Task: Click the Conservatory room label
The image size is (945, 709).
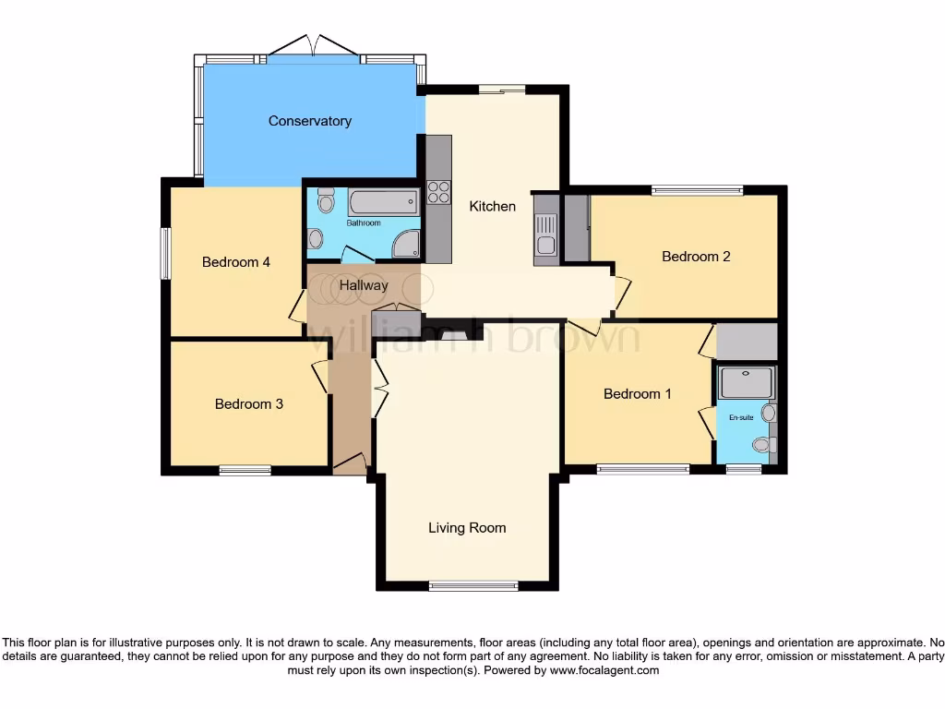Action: point(309,121)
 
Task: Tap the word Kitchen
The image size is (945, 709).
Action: point(493,206)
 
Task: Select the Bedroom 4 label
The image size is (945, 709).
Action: point(236,262)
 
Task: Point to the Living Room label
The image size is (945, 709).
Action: point(467,528)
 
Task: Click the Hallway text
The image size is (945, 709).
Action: point(364,285)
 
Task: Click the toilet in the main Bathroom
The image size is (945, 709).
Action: point(325,201)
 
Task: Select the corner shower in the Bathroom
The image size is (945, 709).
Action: point(405,243)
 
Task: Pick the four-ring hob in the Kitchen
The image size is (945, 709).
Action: point(438,192)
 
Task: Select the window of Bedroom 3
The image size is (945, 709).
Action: point(245,470)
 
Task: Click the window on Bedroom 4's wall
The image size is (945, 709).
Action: point(165,252)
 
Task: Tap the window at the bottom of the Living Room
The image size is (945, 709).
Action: point(474,585)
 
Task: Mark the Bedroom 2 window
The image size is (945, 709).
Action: point(697,191)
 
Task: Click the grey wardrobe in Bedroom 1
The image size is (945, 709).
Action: point(747,342)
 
